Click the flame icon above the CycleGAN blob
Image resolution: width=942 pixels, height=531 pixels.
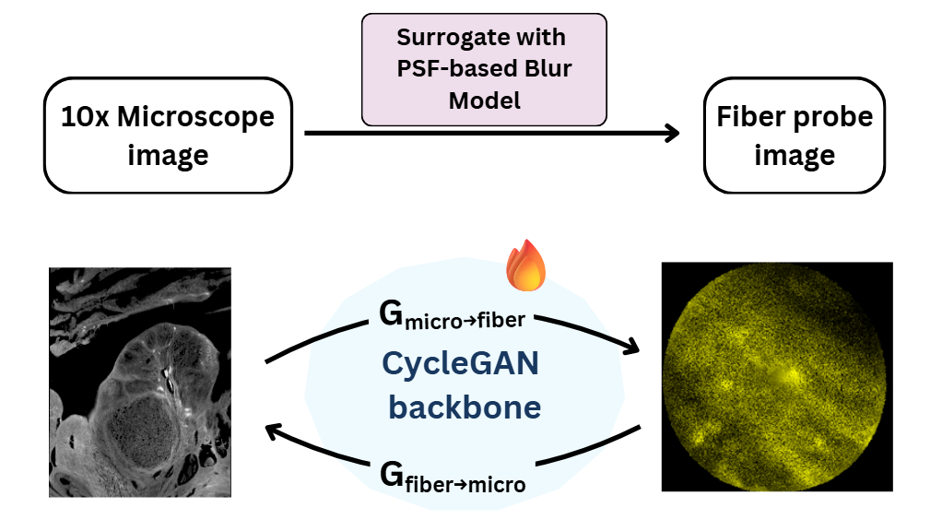[x=526, y=264]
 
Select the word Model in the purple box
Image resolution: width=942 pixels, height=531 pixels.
[x=485, y=100]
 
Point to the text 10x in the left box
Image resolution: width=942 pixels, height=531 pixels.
[x=86, y=117]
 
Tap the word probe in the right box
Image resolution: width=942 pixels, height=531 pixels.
[x=833, y=119]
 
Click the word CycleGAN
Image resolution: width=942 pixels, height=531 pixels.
[x=460, y=365]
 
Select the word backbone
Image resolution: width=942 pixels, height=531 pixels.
[x=464, y=407]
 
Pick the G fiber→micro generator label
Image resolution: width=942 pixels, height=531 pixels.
[x=452, y=477]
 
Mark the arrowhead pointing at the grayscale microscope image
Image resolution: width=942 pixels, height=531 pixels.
[x=274, y=430]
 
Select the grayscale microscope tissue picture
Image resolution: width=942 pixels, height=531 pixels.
[x=139, y=382]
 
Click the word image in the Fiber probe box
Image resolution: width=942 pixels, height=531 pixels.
[x=794, y=155]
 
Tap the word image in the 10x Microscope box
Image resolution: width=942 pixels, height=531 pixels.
[x=168, y=155]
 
